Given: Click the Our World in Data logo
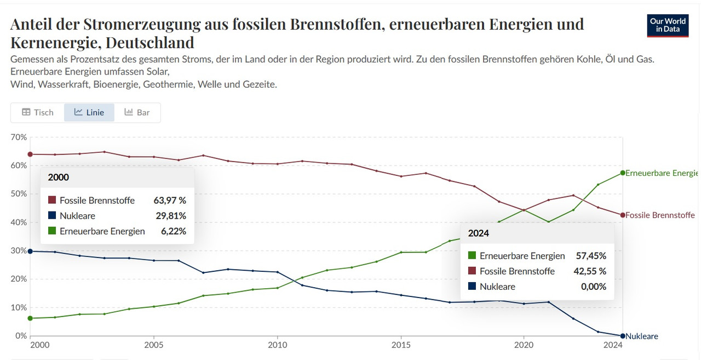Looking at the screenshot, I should point(668,25).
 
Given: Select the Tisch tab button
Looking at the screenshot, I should point(37,112).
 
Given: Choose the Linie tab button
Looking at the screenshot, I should point(89,112).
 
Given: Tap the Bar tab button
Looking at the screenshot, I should point(137,112).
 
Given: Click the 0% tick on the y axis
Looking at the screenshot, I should point(21,336).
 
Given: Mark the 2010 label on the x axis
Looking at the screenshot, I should point(277,346).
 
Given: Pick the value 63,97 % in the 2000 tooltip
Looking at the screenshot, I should point(170,201).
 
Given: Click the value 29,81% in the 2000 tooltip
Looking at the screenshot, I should point(170,216).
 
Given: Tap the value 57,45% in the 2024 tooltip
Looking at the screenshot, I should point(591,256).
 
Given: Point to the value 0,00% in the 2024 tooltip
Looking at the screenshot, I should point(593,287).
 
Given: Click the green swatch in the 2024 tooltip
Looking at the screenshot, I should point(472,256).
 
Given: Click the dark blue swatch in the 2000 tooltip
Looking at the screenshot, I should point(52,216).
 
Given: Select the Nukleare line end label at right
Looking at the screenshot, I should point(641,336).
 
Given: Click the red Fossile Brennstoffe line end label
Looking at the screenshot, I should point(660,215).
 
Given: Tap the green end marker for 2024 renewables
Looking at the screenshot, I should point(622,173).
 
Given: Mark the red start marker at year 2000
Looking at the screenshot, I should point(30,154).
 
